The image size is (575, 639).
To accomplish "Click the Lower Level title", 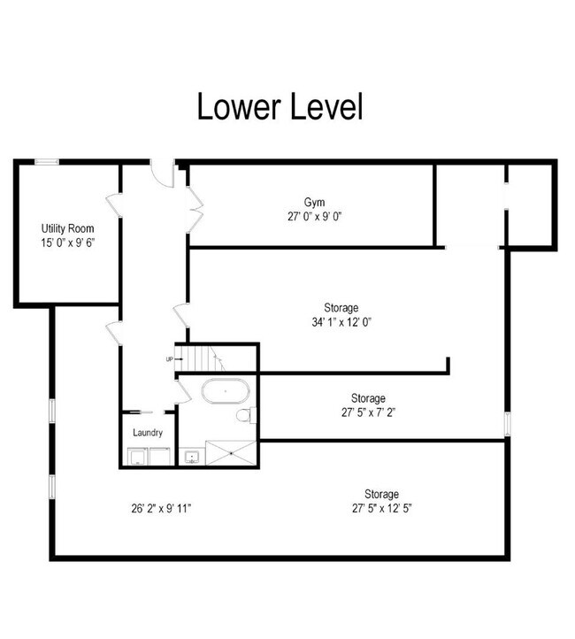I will coord(279,107).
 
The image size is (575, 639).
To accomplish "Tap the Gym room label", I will coord(314,201).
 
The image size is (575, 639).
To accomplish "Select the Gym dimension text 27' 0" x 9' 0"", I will coord(314,215).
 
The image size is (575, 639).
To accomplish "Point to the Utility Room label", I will coord(67,228).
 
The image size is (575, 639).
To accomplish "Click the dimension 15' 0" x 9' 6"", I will coord(67,242).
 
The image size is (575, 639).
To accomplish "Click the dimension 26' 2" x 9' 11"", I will coord(161,508).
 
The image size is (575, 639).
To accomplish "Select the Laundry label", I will coord(147,433).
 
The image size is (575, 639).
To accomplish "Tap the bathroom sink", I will coord(192,458).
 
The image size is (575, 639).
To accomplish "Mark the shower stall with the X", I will coord(232,452).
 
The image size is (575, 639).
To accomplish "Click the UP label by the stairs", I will coord(169,359).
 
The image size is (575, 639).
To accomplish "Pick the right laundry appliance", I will coord(160,457).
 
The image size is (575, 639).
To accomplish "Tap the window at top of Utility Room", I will coord(47,161).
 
